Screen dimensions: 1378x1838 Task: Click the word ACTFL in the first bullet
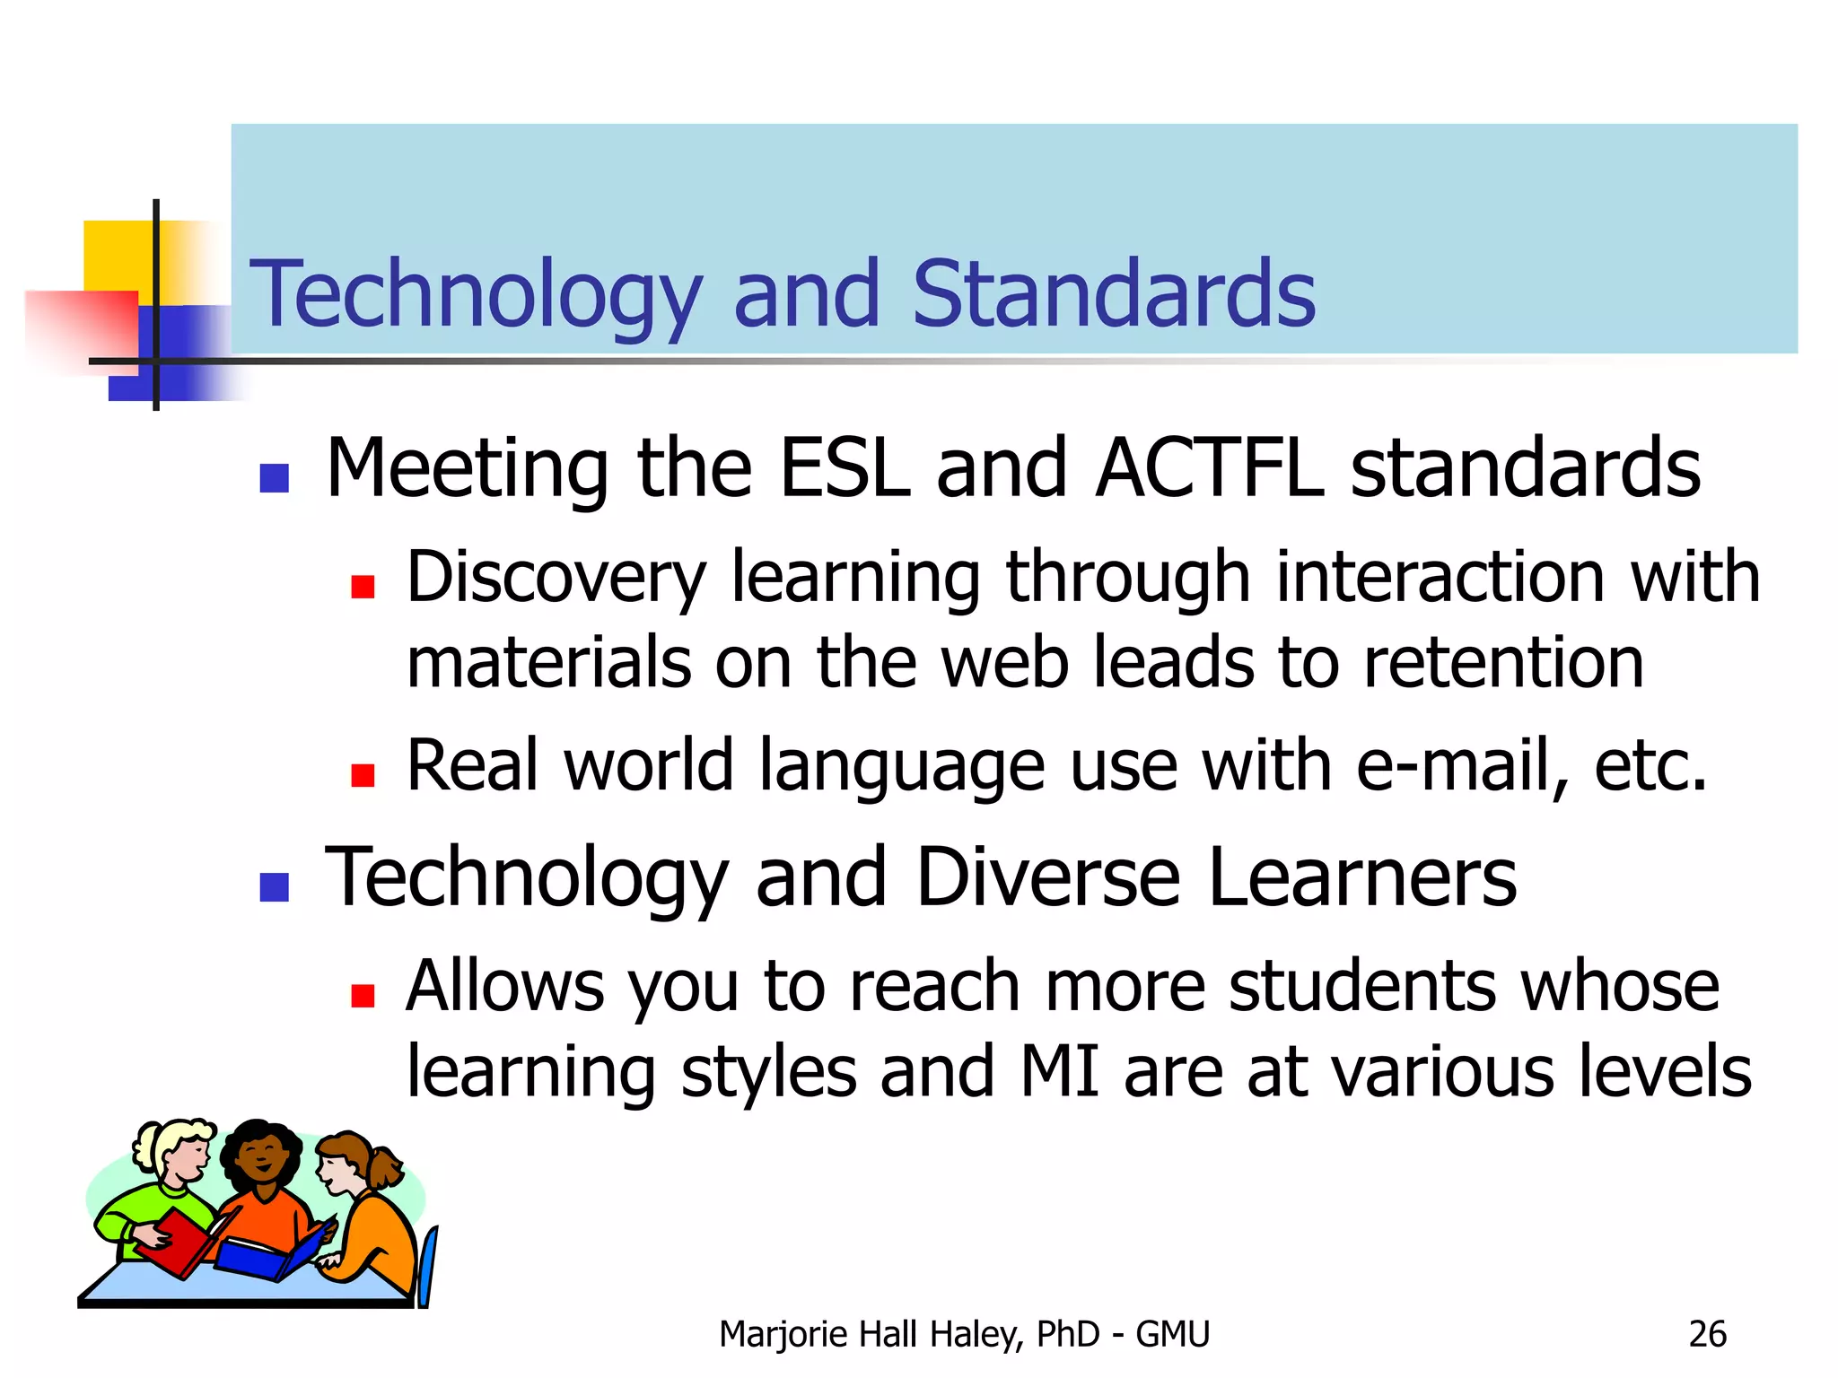point(1208,467)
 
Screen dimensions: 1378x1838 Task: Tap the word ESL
point(845,467)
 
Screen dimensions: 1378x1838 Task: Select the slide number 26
point(1707,1335)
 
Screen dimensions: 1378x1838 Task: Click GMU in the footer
point(1172,1335)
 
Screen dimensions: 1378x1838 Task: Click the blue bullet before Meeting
point(274,478)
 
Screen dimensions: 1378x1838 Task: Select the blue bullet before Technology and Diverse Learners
point(274,887)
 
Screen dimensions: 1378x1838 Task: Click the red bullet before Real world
point(363,775)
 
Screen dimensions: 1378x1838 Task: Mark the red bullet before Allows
point(363,996)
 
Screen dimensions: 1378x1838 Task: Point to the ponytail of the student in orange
point(388,1167)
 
